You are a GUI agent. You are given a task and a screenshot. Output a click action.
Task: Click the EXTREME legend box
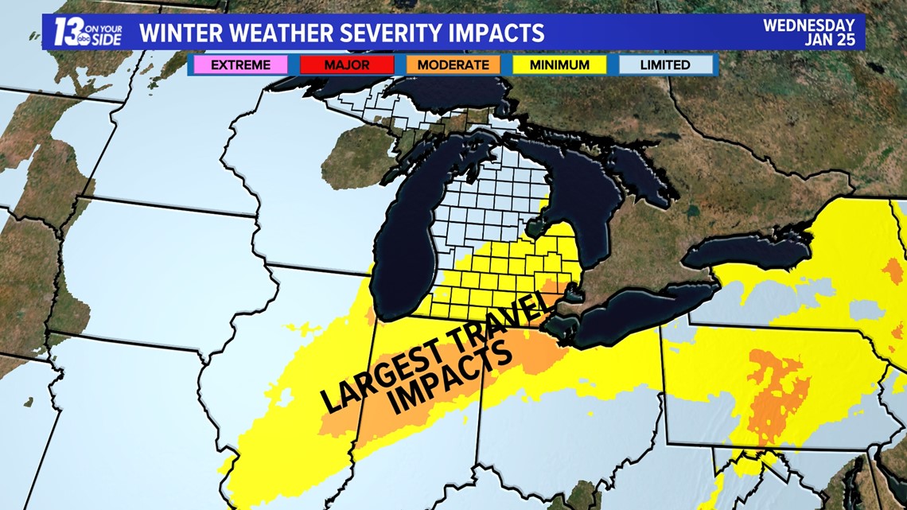tap(240, 64)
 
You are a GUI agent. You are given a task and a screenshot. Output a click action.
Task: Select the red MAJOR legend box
tap(347, 64)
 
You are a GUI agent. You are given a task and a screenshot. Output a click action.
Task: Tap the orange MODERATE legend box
tap(453, 64)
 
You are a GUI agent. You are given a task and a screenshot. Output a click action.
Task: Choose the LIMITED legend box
tap(664, 64)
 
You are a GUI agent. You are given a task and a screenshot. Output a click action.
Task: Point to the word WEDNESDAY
tap(808, 25)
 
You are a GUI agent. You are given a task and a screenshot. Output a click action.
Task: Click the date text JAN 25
tap(831, 40)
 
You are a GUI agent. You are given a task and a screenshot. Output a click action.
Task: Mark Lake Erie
tap(629, 318)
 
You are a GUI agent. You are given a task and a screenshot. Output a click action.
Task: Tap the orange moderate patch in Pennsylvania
tap(776, 390)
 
